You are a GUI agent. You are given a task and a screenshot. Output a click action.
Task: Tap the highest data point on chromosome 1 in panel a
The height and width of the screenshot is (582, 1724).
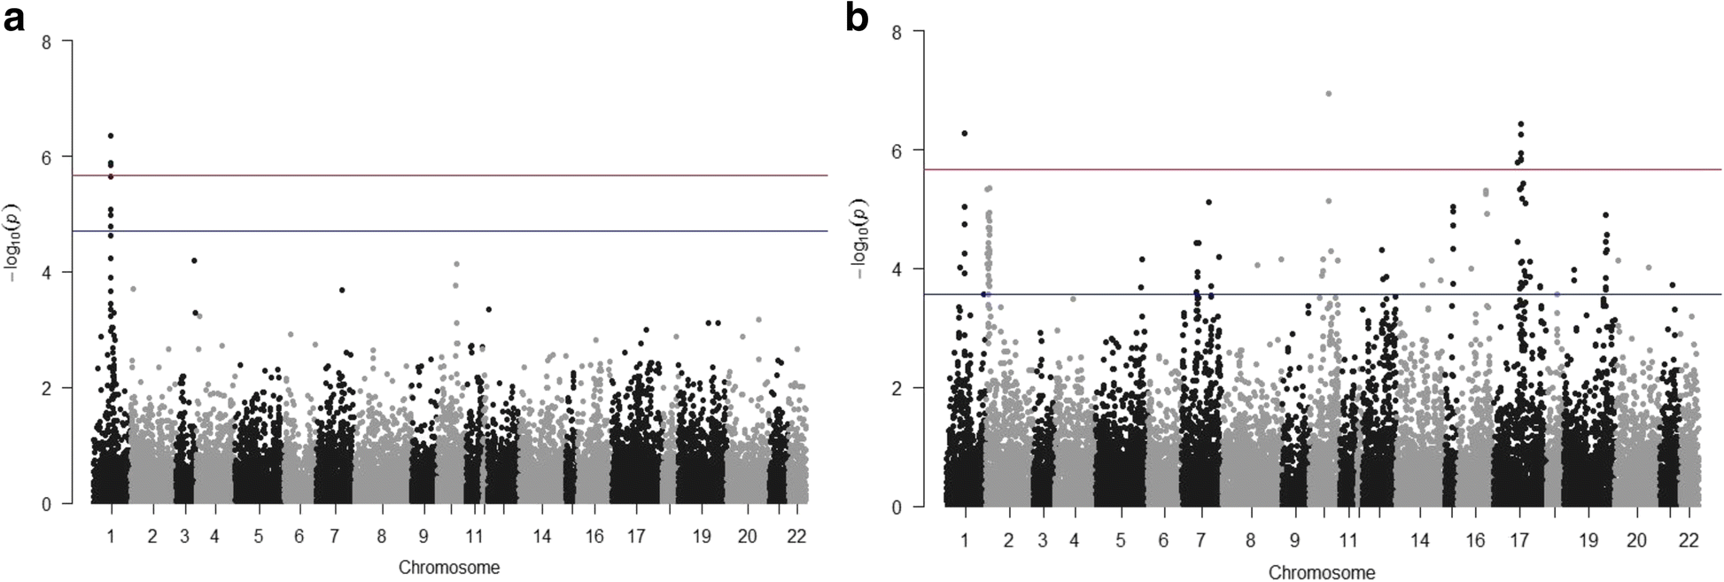click(111, 136)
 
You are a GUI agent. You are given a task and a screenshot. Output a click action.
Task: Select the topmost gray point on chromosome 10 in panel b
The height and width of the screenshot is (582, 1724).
click(1328, 93)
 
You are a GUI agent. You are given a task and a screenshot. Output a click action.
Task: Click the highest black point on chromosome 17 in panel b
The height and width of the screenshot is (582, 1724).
click(1521, 125)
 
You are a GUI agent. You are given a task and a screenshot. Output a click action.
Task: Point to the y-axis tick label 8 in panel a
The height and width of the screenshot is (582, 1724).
click(46, 41)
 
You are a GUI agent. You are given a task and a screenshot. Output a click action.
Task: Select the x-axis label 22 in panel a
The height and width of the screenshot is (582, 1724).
click(796, 536)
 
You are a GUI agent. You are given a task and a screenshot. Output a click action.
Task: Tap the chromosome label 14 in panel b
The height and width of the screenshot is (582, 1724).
click(1419, 540)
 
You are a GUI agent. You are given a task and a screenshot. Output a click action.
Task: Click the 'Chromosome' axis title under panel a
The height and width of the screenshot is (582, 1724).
click(448, 568)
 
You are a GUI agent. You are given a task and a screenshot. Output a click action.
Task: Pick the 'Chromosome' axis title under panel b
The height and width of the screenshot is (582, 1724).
click(1322, 572)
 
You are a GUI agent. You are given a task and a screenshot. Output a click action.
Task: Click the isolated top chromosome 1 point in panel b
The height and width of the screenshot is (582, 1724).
click(964, 133)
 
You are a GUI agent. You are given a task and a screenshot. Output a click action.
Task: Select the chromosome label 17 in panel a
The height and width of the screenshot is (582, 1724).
click(635, 536)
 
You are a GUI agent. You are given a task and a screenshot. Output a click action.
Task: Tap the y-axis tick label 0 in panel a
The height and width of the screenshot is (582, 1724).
click(46, 503)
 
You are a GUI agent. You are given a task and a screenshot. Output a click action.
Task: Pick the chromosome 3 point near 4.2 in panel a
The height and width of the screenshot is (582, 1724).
click(194, 260)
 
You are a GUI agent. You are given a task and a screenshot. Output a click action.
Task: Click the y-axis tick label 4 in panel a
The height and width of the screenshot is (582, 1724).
click(46, 272)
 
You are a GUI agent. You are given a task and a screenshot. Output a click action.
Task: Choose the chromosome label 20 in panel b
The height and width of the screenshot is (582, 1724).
click(1636, 540)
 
